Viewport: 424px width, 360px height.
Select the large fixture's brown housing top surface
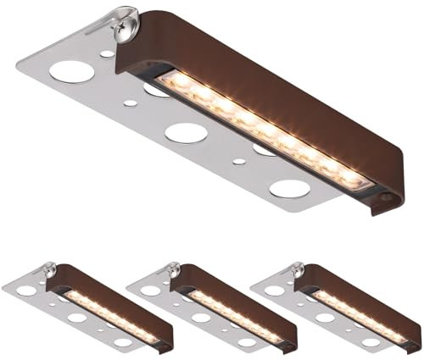coord(280,85)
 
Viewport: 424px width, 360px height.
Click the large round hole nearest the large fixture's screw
coord(71,72)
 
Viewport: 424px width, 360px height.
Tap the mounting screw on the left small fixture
coord(45,271)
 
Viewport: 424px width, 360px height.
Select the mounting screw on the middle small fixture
coord(170,271)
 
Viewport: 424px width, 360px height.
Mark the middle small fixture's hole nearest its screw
coord(150,291)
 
